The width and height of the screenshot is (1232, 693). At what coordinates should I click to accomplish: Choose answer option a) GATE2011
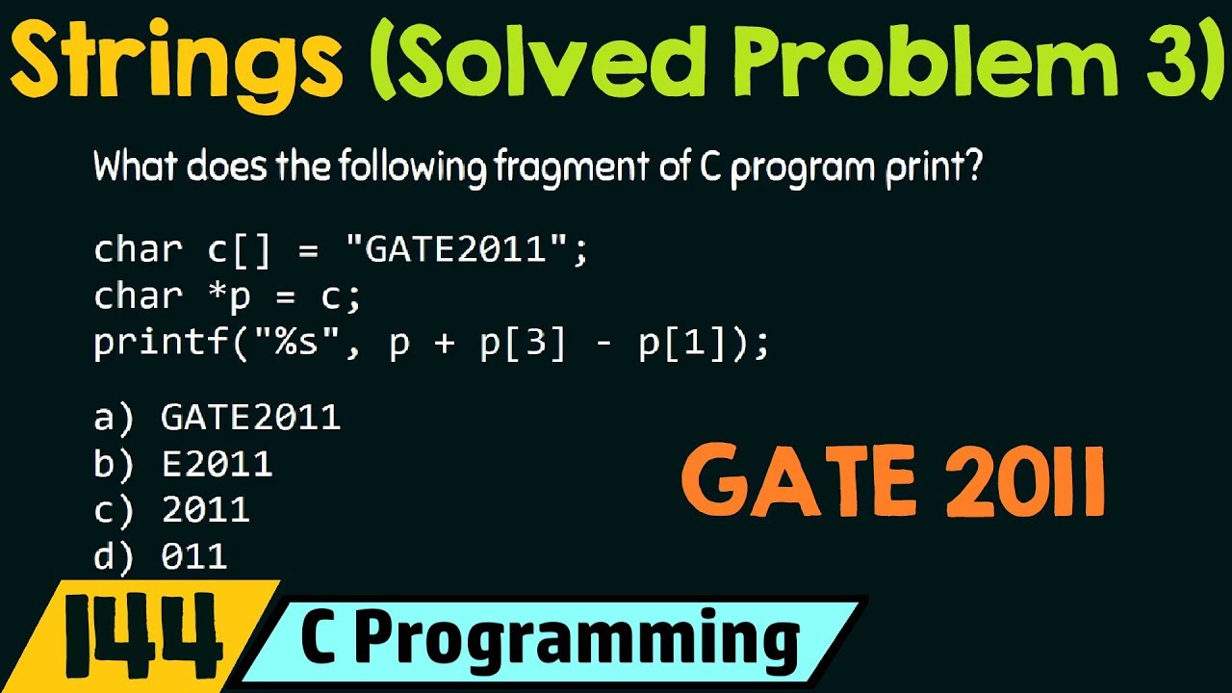(218, 417)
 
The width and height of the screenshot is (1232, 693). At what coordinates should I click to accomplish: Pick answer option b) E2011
(184, 464)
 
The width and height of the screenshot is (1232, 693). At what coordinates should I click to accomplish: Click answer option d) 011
(162, 556)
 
